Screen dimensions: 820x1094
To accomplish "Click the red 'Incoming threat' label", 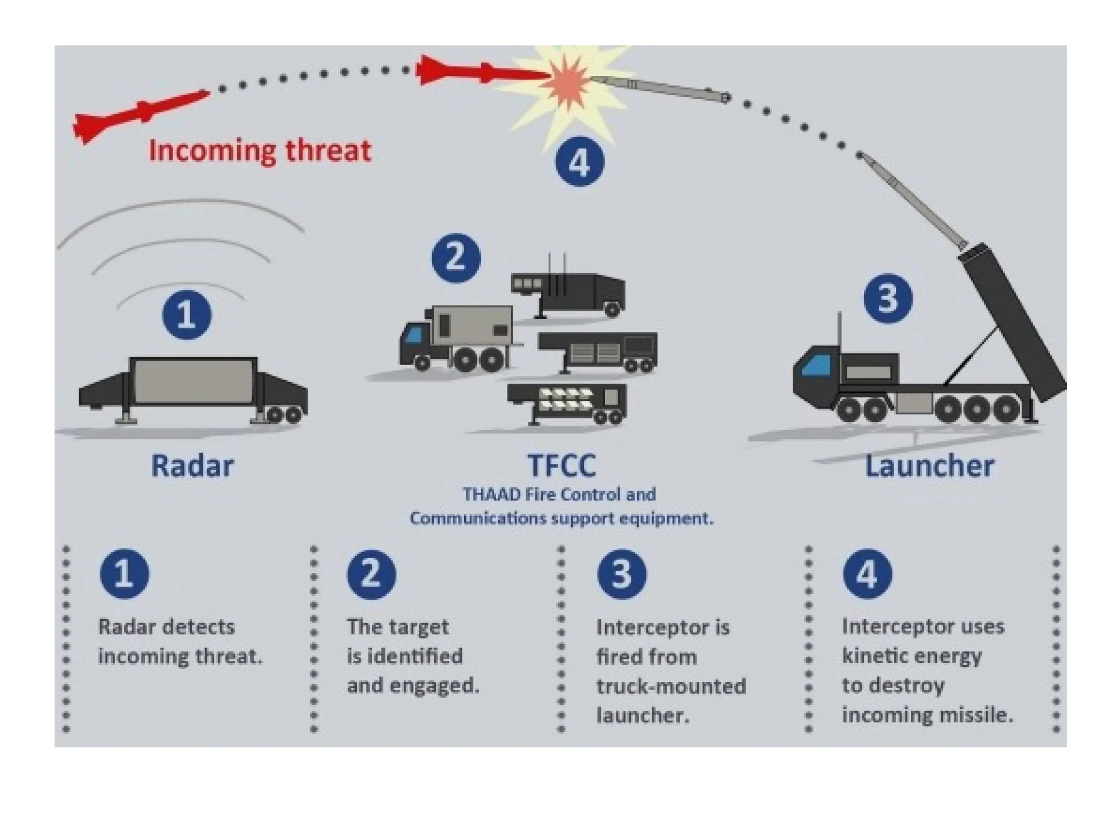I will [260, 150].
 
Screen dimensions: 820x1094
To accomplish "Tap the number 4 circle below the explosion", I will [580, 162].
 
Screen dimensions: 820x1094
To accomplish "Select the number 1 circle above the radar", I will [186, 314].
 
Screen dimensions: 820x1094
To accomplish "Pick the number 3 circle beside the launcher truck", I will [888, 298].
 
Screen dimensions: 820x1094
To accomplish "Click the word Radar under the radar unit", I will [192, 466].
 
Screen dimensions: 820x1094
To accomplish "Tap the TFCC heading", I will [561, 466].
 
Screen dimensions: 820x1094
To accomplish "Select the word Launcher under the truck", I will [929, 466].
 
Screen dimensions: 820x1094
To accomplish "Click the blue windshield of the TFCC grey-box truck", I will [414, 336].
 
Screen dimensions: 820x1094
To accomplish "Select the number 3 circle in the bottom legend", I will [621, 574].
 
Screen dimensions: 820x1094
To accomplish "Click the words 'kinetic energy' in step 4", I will [912, 656].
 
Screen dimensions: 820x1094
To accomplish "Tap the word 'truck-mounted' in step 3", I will [671, 686].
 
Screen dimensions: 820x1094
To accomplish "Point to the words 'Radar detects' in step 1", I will [166, 627].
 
